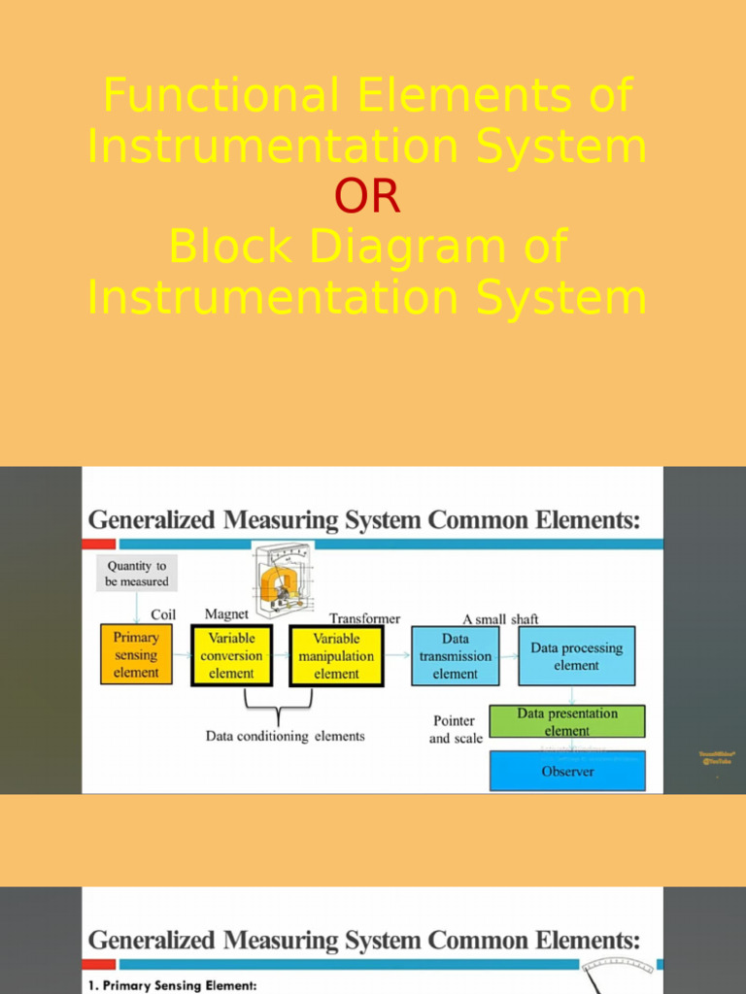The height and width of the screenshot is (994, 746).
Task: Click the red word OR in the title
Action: point(367,197)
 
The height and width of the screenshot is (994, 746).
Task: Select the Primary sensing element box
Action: point(136,654)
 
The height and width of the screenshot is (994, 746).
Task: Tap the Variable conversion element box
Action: point(231,655)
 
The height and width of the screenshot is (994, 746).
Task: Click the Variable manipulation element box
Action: point(336,655)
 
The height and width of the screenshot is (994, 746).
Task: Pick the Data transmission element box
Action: point(455,655)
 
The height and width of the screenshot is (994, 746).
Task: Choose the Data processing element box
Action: point(576,656)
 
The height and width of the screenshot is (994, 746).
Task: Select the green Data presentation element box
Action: point(566,721)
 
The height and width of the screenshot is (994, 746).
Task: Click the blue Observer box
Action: point(567,771)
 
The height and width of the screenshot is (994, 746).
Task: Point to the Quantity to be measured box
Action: point(137,574)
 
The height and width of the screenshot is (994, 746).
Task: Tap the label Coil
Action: point(163,614)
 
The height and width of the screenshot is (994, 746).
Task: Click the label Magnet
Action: point(226,614)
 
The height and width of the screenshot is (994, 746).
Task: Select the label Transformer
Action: point(364,618)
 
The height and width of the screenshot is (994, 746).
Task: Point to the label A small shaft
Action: point(500,618)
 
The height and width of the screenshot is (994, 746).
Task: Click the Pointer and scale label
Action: point(455,729)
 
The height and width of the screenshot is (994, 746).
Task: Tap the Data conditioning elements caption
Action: point(286,736)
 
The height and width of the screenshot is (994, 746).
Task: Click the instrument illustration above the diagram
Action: point(283,581)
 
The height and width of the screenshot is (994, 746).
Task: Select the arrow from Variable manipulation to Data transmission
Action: point(397,655)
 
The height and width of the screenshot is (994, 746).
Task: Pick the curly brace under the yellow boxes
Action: point(279,706)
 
